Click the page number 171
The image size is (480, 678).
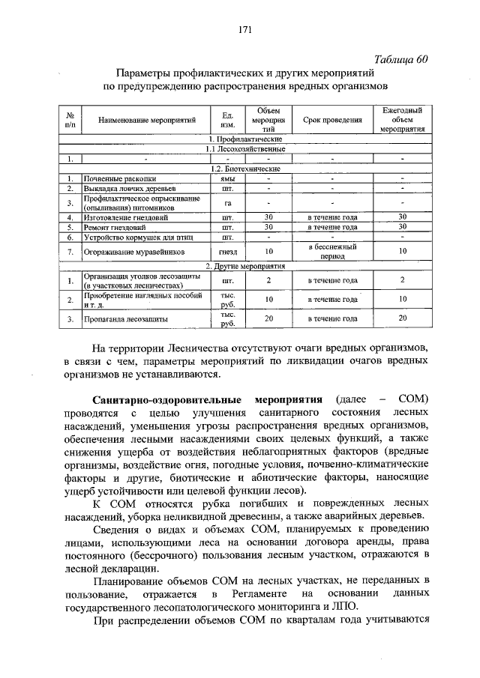coord(244,30)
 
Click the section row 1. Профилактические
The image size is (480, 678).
coord(245,139)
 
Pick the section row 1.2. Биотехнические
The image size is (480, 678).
coord(245,169)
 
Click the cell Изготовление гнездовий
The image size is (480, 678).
coord(125,217)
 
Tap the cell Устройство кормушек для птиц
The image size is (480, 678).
coord(133,236)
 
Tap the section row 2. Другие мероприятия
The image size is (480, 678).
coord(245,266)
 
